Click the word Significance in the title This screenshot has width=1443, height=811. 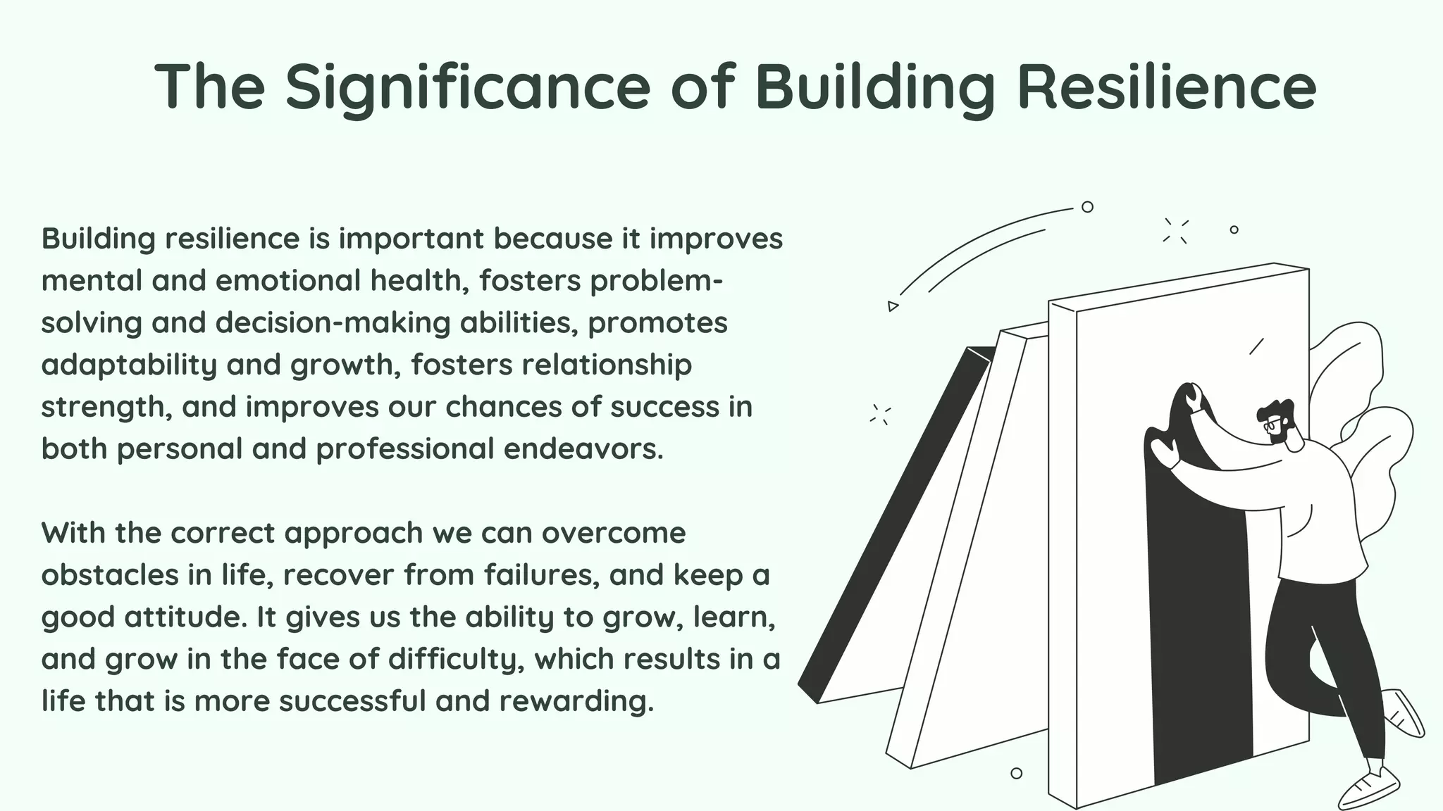[x=467, y=87]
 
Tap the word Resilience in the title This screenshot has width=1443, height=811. [x=1167, y=87]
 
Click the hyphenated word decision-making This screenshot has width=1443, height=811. [x=333, y=322]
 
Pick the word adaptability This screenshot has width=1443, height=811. [x=129, y=365]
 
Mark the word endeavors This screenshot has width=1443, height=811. [x=583, y=448]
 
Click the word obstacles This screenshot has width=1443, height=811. [x=109, y=574]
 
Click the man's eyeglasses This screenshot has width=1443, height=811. [x=1273, y=425]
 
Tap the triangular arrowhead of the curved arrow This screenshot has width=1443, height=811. [x=893, y=306]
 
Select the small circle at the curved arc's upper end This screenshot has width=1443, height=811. [x=1087, y=207]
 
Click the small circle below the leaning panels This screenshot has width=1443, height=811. [x=1016, y=773]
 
